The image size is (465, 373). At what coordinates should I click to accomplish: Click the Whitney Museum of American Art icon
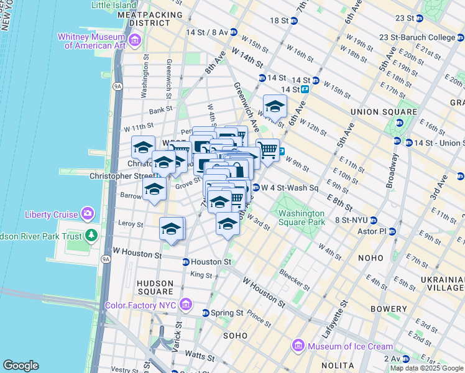136,41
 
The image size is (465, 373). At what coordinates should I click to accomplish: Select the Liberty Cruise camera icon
87,214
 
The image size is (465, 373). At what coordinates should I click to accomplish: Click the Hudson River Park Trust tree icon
91,235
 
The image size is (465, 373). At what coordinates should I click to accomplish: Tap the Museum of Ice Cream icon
298,346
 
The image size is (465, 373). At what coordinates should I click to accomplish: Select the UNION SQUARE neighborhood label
373,112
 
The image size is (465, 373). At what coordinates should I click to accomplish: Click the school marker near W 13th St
275,106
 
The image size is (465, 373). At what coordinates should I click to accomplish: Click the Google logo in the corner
21,365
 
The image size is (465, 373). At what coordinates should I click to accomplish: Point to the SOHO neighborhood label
236,336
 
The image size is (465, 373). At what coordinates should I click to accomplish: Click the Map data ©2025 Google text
426,368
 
